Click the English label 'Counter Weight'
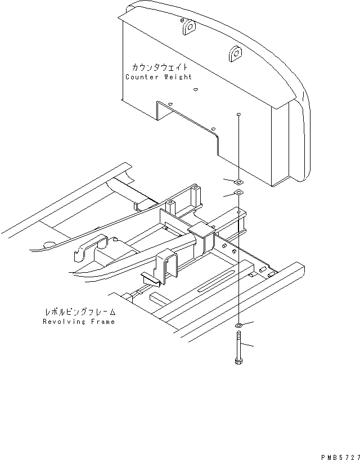click(x=159, y=77)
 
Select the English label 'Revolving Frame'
click(x=79, y=322)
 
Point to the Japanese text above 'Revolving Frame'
click(x=79, y=312)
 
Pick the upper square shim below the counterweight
click(x=238, y=182)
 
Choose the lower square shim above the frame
click(x=238, y=193)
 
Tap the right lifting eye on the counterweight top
click(x=234, y=54)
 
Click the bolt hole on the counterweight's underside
click(x=239, y=114)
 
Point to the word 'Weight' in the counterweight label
click(x=177, y=77)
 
